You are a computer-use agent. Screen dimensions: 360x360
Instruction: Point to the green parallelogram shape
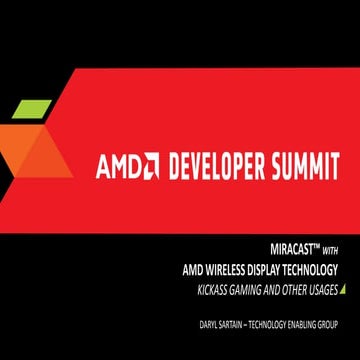click(x=33, y=106)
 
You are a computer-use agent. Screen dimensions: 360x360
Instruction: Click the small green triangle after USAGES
click(x=341, y=289)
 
